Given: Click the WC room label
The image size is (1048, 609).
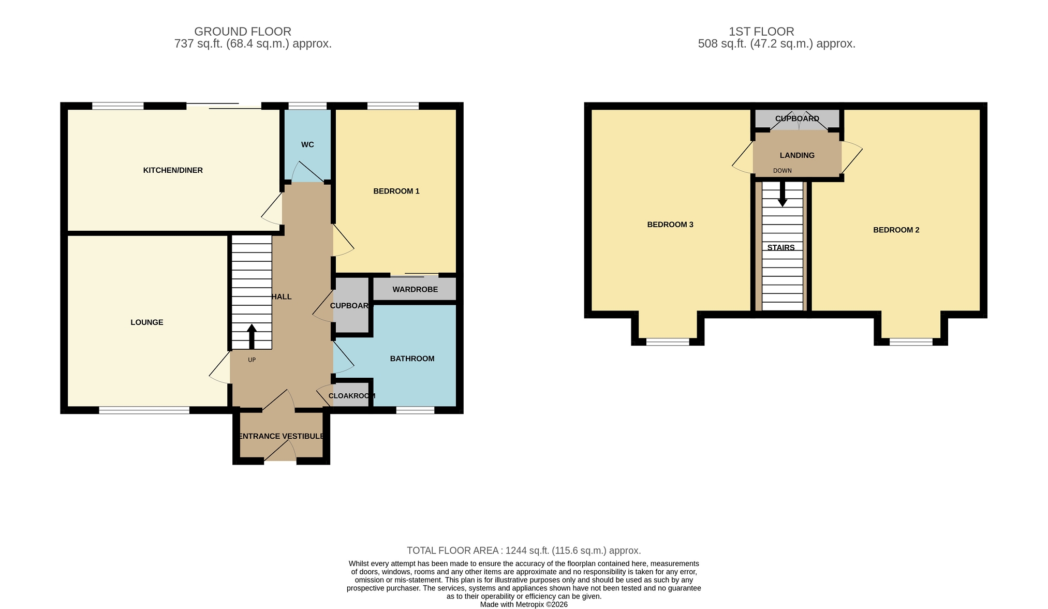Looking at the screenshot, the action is pyautogui.click(x=307, y=145).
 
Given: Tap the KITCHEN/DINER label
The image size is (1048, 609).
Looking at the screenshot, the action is pyautogui.click(x=173, y=170).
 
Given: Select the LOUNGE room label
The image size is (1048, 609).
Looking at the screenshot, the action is pyautogui.click(x=147, y=322).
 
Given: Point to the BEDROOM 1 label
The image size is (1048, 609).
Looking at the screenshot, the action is pyautogui.click(x=396, y=191).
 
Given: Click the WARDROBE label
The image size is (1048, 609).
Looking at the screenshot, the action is pyautogui.click(x=415, y=290).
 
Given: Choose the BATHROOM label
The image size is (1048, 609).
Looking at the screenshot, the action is pyautogui.click(x=412, y=359).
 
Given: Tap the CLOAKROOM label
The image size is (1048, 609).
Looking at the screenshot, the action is pyautogui.click(x=352, y=396).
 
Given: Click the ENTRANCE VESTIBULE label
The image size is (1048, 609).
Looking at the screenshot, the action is pyautogui.click(x=282, y=436).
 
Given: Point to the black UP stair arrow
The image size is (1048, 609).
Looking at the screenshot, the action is pyautogui.click(x=252, y=337).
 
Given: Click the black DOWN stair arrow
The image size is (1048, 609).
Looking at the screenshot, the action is pyautogui.click(x=783, y=194).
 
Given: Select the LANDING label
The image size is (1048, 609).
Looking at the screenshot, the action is pyautogui.click(x=797, y=155).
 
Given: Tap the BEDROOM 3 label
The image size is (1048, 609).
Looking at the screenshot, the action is pyautogui.click(x=670, y=225).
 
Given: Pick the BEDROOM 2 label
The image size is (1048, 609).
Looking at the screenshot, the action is pyautogui.click(x=896, y=230).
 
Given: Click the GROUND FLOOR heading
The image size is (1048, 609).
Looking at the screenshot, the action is pyautogui.click(x=243, y=32).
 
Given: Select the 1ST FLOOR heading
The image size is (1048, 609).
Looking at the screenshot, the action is pyautogui.click(x=761, y=32).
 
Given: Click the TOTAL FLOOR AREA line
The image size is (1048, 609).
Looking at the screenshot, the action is pyautogui.click(x=524, y=551).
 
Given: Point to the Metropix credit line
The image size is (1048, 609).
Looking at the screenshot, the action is pyautogui.click(x=524, y=604).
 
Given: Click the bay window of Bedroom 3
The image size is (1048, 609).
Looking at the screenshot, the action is pyautogui.click(x=668, y=341).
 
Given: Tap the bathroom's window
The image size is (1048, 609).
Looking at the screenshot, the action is pyautogui.click(x=416, y=410).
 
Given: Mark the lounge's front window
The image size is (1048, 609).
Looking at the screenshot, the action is pyautogui.click(x=144, y=410).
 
